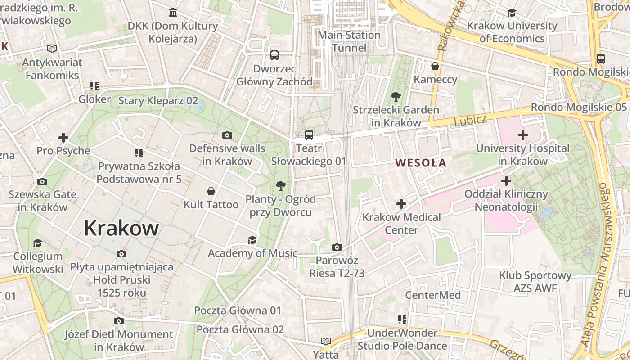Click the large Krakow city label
121,228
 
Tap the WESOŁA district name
421,163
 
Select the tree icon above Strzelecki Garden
396,96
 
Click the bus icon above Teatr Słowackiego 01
309,135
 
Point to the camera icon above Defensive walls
227,135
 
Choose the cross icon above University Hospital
522,135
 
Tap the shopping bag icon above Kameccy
435,67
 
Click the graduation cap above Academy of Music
252,240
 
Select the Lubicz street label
470,121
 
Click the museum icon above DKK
173,12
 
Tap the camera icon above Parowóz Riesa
337,247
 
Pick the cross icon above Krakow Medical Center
401,204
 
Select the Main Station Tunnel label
349,41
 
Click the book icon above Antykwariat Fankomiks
52,49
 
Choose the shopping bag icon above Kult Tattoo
211,191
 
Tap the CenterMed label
433,295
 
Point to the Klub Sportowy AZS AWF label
535,282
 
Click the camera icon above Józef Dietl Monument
119,321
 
